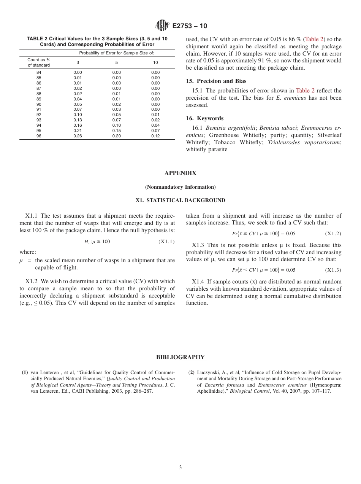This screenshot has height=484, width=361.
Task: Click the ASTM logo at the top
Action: (163, 26)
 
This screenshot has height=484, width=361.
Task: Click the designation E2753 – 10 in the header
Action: (190, 26)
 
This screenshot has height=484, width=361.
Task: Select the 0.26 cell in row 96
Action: (78, 136)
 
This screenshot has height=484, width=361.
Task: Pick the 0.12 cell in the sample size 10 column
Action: (155, 136)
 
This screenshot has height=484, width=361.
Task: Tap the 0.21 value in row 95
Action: (78, 131)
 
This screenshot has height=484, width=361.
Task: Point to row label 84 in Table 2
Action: (39, 72)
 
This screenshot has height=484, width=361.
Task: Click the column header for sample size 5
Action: (117, 62)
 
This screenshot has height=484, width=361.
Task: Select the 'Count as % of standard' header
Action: (39, 62)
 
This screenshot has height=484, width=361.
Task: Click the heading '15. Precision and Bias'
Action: (216, 81)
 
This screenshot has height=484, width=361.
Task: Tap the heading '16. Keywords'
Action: (204, 118)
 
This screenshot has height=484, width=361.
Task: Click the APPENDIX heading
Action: (180, 173)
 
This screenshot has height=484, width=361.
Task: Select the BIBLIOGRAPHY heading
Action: (180, 357)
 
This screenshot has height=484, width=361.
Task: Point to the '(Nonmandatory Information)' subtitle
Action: (180, 187)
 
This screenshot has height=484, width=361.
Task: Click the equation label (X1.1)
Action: (166, 242)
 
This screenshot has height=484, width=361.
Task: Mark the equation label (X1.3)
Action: (333, 270)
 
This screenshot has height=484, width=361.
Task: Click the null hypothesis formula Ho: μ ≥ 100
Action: (97, 242)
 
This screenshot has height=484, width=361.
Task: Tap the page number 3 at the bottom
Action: (180, 467)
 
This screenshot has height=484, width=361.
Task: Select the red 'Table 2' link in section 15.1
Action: (305, 91)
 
